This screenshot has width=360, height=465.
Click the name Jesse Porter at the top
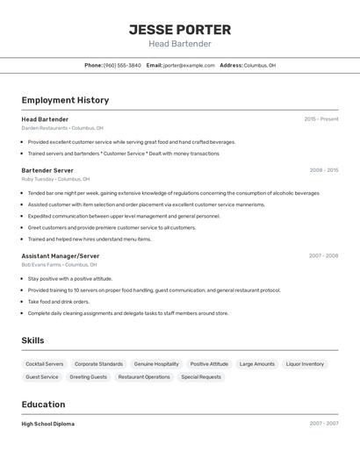pyautogui.click(x=180, y=29)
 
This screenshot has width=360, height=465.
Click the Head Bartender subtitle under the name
pyautogui.click(x=180, y=44)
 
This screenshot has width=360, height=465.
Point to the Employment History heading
pyautogui.click(x=65, y=100)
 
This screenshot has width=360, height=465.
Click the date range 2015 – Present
pyautogui.click(x=321, y=118)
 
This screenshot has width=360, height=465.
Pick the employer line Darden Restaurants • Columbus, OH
pyautogui.click(x=62, y=128)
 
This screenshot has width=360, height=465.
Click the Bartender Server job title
pyautogui.click(x=47, y=169)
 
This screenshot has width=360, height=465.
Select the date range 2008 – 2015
pyautogui.click(x=323, y=169)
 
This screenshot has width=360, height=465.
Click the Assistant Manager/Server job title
pyautogui.click(x=61, y=255)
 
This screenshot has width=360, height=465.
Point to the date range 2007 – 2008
pyautogui.click(x=323, y=255)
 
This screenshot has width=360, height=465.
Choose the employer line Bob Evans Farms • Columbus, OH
pyautogui.click(x=59, y=264)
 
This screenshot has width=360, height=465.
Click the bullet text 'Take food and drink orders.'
pyautogui.click(x=58, y=301)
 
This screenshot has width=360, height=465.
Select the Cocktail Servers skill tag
pyautogui.click(x=45, y=363)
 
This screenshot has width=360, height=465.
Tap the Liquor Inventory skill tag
pyautogui.click(x=305, y=363)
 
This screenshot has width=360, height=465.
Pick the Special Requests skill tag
pyautogui.click(x=201, y=376)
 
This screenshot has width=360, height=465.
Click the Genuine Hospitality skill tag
pyautogui.click(x=156, y=363)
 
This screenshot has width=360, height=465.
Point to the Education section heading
pyautogui.click(x=43, y=404)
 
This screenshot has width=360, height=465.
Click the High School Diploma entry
pyautogui.click(x=47, y=423)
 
